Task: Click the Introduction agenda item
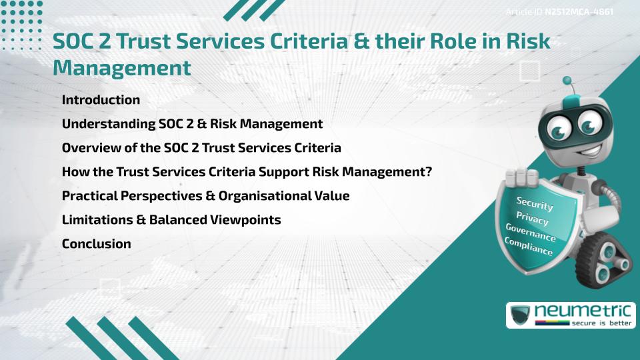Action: pos(101,100)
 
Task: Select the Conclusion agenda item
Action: pos(96,244)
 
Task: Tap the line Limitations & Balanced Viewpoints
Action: pos(171,220)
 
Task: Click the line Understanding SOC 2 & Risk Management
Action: pos(192,124)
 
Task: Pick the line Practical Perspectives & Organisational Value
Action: pos(205,196)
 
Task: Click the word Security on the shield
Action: pos(535,203)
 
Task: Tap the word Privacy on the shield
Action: pos(532,218)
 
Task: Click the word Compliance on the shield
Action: pos(529,247)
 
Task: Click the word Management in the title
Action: pos(121,67)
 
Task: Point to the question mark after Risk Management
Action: pos(429,172)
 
